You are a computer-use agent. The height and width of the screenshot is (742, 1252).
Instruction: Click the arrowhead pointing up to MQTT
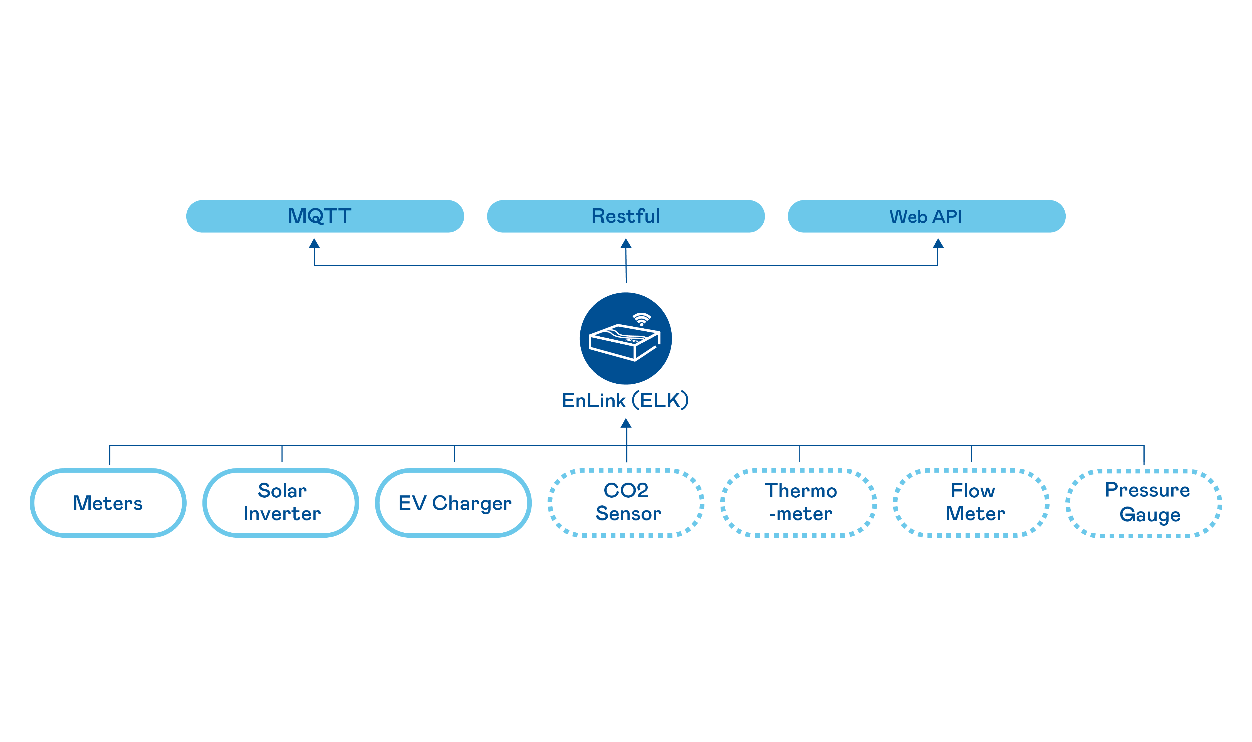314,244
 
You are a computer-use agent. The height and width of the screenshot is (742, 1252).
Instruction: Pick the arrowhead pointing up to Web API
938,244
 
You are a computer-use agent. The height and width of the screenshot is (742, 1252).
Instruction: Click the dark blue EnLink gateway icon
625,339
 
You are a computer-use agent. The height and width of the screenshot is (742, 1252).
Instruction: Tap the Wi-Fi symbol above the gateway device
642,319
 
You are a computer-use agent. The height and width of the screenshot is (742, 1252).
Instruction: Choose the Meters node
108,503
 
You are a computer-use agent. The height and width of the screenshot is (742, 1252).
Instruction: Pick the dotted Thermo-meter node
799,503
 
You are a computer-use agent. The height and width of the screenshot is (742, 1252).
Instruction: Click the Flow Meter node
971,503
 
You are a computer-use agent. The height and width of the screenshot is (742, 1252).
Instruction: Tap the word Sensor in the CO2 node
628,514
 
